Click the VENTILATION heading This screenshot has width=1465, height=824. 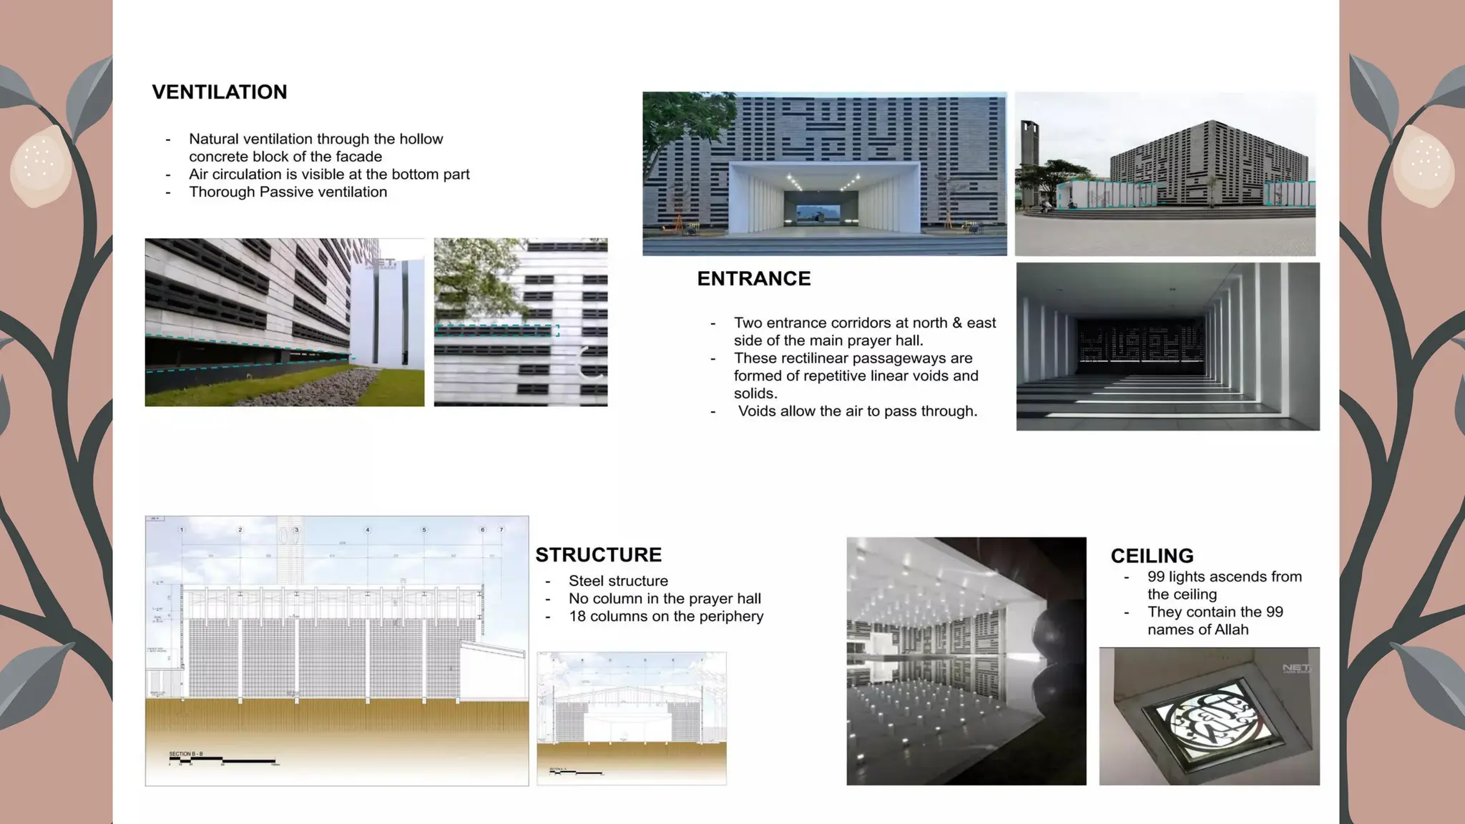pyautogui.click(x=219, y=92)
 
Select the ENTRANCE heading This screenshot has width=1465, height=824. pyautogui.click(x=753, y=279)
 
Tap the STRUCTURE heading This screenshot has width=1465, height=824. pyautogui.click(x=598, y=555)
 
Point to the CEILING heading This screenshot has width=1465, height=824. pyautogui.click(x=1152, y=556)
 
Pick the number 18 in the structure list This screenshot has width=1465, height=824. pyautogui.click(x=577, y=617)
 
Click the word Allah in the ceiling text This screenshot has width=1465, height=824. pyautogui.click(x=1230, y=630)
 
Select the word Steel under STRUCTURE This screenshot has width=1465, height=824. pyautogui.click(x=587, y=582)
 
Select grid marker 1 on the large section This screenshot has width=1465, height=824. pyautogui.click(x=182, y=530)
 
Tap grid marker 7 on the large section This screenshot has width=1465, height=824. pyautogui.click(x=501, y=530)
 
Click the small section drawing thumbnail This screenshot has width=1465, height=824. pyautogui.click(x=631, y=718)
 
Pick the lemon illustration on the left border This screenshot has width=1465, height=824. pyautogui.click(x=40, y=165)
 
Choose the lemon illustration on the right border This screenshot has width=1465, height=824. pyautogui.click(x=1424, y=165)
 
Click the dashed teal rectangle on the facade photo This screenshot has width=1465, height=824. pyautogui.click(x=496, y=330)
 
